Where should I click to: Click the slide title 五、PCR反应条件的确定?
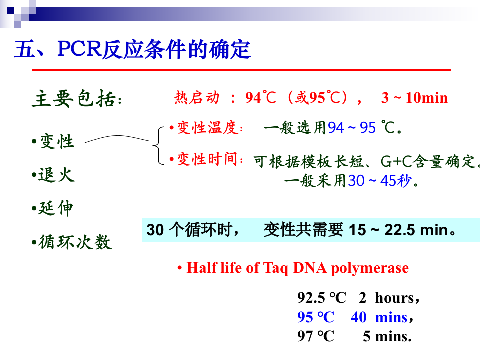click(x=132, y=50)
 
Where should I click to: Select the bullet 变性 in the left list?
click(x=56, y=142)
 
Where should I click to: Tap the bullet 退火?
click(x=56, y=175)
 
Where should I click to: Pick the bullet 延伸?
click(x=55, y=208)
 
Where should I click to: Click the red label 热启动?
click(x=197, y=98)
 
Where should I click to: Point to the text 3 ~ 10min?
click(x=414, y=98)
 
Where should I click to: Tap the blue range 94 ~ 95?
click(x=352, y=128)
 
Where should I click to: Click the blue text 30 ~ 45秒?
click(x=380, y=181)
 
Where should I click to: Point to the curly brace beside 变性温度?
click(x=156, y=145)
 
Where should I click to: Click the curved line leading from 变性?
click(x=117, y=139)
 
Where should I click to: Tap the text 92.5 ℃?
click(x=322, y=298)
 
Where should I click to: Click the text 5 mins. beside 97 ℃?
click(x=387, y=336)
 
